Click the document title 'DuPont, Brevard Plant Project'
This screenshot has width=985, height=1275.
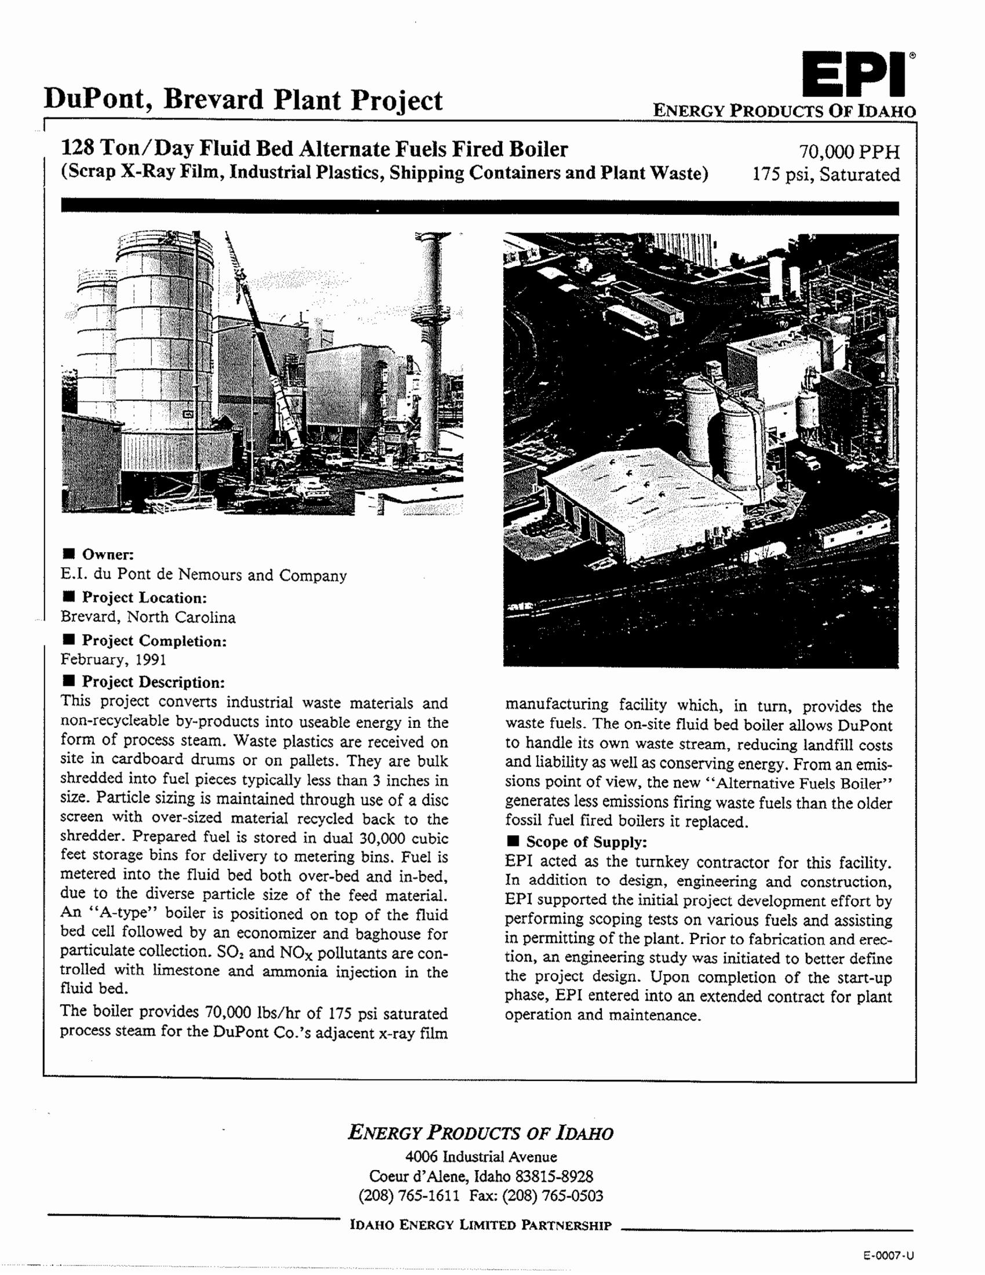point(243,100)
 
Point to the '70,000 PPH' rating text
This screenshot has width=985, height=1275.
point(849,152)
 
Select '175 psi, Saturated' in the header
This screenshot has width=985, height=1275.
point(826,174)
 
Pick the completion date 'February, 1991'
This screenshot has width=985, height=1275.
point(113,660)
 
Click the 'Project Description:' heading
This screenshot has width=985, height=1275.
point(153,682)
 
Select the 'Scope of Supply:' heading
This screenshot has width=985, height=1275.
point(586,842)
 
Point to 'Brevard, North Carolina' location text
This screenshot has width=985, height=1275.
point(148,617)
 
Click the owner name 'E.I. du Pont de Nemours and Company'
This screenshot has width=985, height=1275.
point(203,575)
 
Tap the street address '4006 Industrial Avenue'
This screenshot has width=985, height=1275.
point(481,1157)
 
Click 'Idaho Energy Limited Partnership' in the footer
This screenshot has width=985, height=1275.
point(480,1225)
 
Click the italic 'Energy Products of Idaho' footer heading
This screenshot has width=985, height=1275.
point(480,1133)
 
